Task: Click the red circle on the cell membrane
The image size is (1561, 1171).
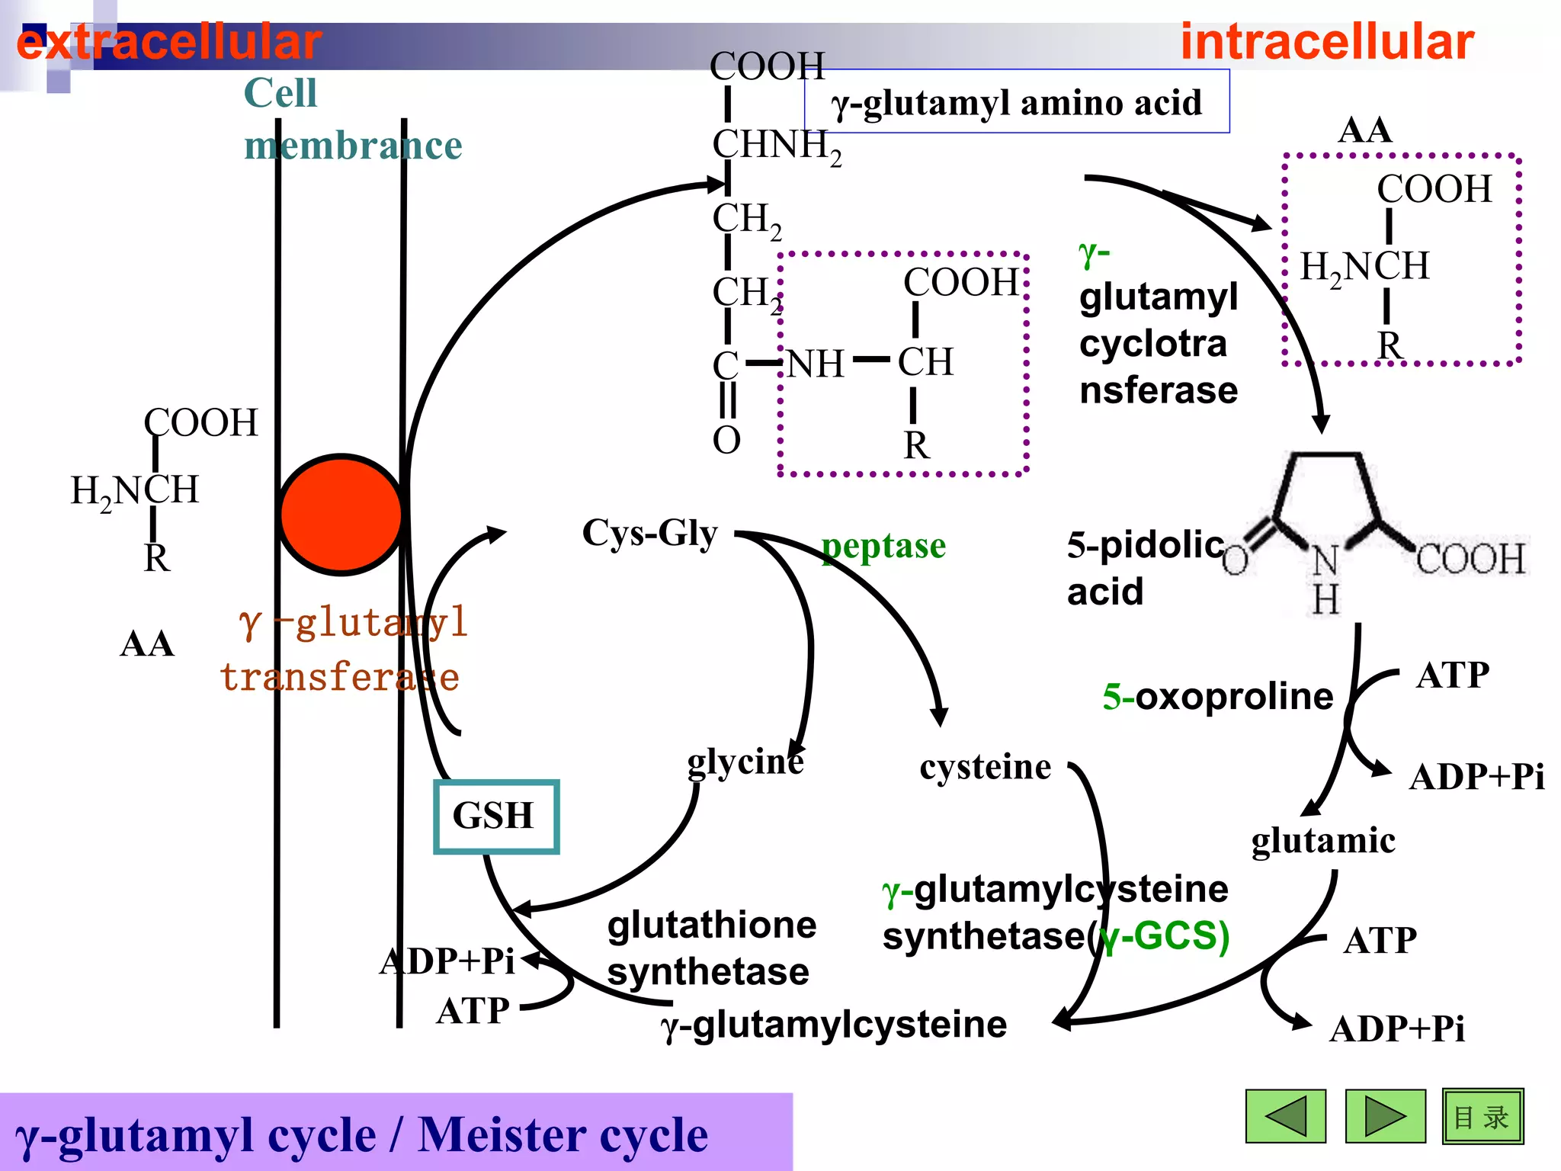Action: [x=341, y=514]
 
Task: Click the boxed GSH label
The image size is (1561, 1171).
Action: [x=495, y=816]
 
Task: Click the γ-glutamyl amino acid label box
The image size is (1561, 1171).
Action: [x=1016, y=102]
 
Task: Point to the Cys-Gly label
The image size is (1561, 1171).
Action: [x=649, y=532]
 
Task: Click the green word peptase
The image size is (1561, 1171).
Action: [x=883, y=546]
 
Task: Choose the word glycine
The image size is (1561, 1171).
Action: [x=745, y=761]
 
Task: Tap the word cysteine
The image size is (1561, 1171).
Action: [x=985, y=766]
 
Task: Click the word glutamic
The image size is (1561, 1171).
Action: [x=1322, y=840]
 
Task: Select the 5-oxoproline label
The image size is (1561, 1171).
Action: [x=1217, y=696]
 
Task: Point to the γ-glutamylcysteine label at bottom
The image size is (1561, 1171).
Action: [x=834, y=1024]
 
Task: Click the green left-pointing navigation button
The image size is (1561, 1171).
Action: [x=1285, y=1116]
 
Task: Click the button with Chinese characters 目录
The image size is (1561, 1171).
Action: [x=1482, y=1116]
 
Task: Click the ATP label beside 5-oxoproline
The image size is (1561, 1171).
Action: [x=1452, y=675]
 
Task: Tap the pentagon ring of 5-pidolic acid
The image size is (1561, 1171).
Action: [x=1325, y=499]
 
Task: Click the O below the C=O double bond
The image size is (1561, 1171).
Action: [x=726, y=440]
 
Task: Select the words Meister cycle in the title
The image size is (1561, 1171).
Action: [x=563, y=1134]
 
